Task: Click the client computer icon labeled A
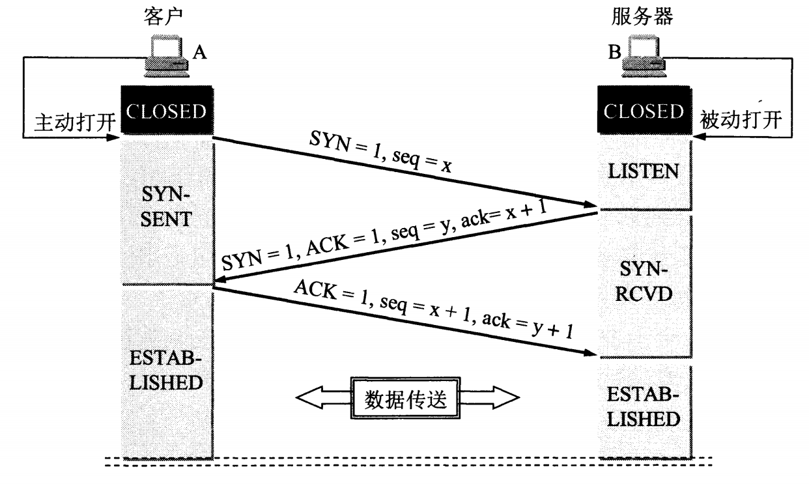(x=167, y=56)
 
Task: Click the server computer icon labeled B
(x=644, y=56)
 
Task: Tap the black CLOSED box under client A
(x=167, y=110)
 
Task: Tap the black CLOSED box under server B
(x=644, y=110)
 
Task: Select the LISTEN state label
(x=644, y=171)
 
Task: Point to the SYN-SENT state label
(x=165, y=206)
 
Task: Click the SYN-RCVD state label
(x=644, y=281)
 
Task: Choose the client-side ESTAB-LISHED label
(x=165, y=371)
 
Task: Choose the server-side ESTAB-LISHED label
(x=644, y=406)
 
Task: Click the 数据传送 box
(x=405, y=398)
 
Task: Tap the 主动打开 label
(x=75, y=122)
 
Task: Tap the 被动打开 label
(x=741, y=120)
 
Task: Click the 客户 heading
(x=163, y=16)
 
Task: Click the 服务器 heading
(x=642, y=16)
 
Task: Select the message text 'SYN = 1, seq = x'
(x=380, y=152)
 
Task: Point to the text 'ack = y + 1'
(x=528, y=326)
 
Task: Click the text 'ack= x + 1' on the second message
(x=504, y=215)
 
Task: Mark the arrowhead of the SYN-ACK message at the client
(x=220, y=279)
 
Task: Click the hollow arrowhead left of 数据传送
(x=309, y=397)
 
